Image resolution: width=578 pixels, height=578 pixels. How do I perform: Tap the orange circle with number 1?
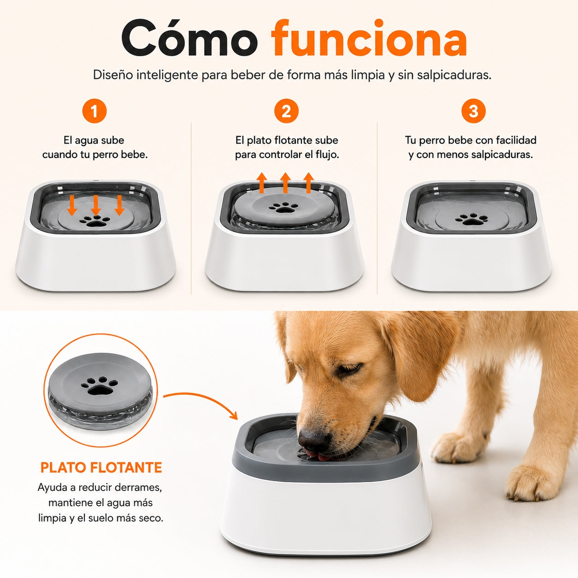(x=94, y=111)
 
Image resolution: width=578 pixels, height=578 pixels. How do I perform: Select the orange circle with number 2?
(x=286, y=111)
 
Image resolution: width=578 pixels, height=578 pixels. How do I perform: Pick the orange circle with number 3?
(x=473, y=111)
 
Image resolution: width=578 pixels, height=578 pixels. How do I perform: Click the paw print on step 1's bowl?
(x=95, y=221)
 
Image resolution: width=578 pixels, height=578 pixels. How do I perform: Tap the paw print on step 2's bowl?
(x=283, y=207)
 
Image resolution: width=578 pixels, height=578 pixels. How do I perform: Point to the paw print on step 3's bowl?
(x=471, y=219)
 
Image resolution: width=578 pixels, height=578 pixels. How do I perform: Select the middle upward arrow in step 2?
(x=285, y=183)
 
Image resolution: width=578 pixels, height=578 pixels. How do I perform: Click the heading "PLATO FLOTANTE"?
(x=101, y=468)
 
